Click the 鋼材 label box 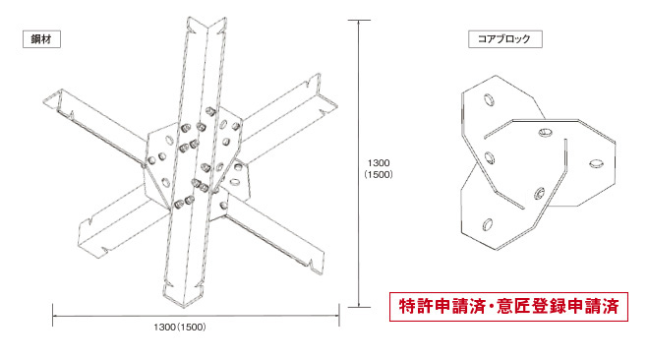(41, 39)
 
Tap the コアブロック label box (505, 39)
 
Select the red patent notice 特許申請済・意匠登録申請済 (508, 307)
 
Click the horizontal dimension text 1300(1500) (180, 328)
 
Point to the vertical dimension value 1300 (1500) (379, 169)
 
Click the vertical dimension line (359, 164)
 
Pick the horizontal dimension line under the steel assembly (196, 316)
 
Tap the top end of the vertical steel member (206, 24)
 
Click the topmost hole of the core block (489, 99)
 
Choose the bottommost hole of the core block (488, 224)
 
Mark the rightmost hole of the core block (596, 163)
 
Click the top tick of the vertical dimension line (359, 20)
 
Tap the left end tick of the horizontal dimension (52, 316)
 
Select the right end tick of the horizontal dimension (339, 316)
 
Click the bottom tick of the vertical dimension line (359, 308)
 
